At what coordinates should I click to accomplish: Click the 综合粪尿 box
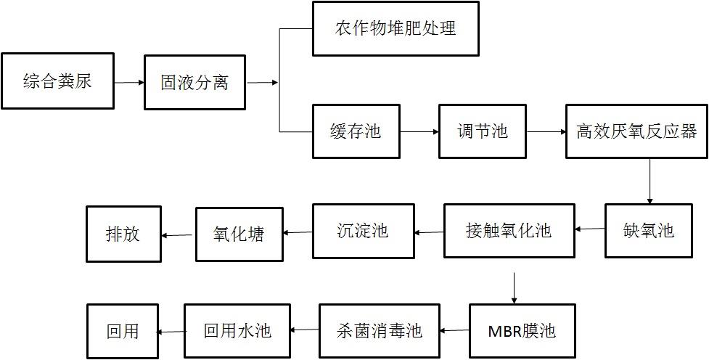coord(57,81)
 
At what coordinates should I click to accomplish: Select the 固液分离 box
coord(194,82)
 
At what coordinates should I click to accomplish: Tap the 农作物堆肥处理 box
coord(396,29)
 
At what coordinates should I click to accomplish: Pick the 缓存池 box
coord(356,131)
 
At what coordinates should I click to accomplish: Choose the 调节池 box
coord(483,131)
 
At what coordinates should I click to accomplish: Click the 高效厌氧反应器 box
coord(636,131)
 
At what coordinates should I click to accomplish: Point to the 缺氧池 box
coord(649,231)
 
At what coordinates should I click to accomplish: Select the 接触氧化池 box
coord(509,231)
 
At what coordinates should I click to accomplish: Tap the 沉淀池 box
coord(363,231)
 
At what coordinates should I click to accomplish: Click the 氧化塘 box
coord(239,234)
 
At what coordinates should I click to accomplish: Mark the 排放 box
coord(123,234)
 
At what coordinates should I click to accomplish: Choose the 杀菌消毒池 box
coord(380,331)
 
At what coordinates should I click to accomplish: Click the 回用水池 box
coord(237,331)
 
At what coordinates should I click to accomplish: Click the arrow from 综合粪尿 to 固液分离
coord(128,82)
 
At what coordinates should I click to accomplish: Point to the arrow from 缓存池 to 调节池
coord(419,131)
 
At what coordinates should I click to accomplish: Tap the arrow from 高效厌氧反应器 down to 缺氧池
coord(649,181)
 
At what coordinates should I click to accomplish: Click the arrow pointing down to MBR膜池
coord(514,288)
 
